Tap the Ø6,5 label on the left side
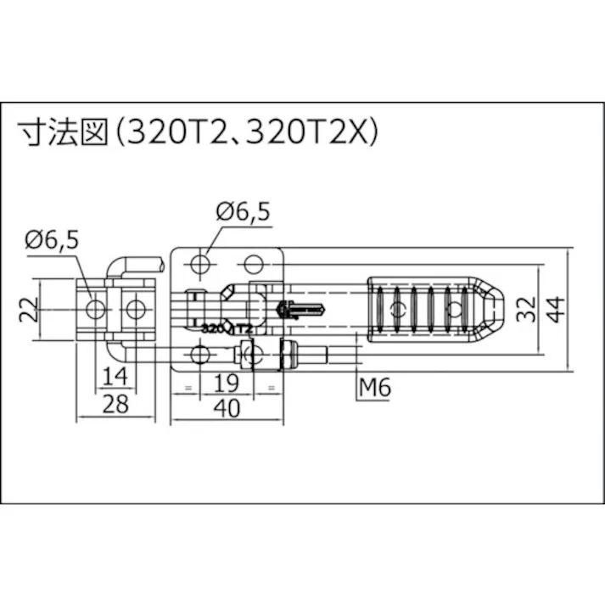pyautogui.click(x=52, y=240)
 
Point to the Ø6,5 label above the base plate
pyautogui.click(x=243, y=212)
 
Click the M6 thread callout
pyautogui.click(x=374, y=388)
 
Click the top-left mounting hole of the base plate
pyautogui.click(x=199, y=264)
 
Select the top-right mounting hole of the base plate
pyautogui.click(x=253, y=263)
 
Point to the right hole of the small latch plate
pyautogui.click(x=133, y=307)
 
